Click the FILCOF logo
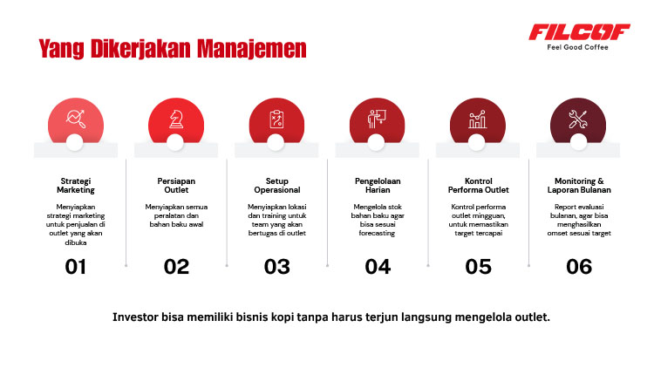[579, 32]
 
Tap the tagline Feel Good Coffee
[579, 47]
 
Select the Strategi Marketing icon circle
[75, 119]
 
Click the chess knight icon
[176, 119]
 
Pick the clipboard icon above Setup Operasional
[277, 119]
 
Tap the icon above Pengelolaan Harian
[378, 119]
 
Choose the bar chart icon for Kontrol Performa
[478, 119]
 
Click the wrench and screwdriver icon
[579, 119]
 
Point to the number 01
[76, 267]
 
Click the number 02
[176, 267]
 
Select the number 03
[277, 267]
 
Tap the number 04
[378, 267]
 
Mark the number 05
[479, 267]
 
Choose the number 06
[579, 267]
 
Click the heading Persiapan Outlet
[176, 184]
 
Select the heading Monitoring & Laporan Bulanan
[579, 184]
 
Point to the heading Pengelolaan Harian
[378, 184]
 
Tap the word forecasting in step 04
[378, 233]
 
